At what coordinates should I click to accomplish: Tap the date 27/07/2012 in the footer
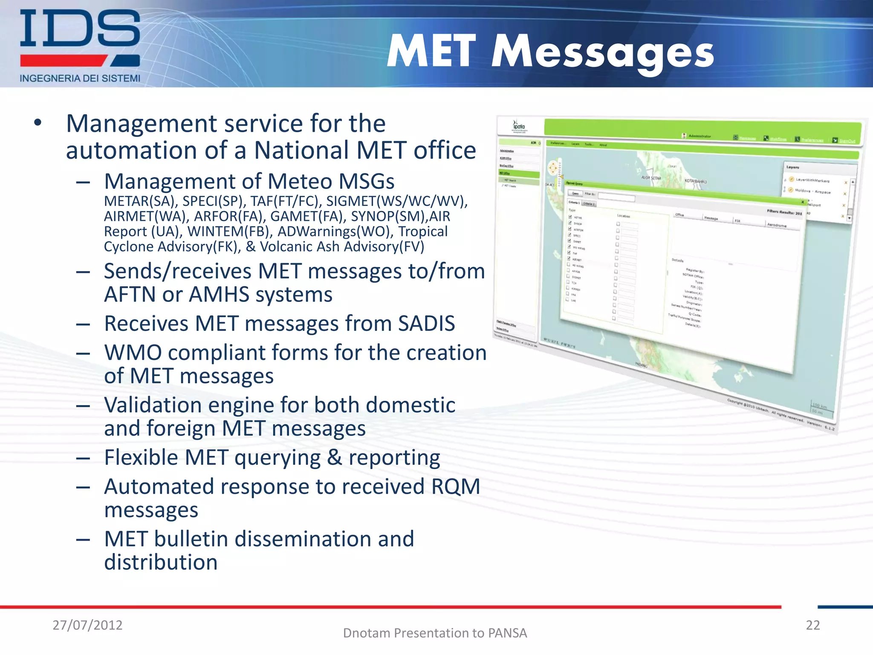coord(87,625)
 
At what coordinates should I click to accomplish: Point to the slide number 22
coord(812,625)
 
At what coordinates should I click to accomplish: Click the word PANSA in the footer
coord(507,633)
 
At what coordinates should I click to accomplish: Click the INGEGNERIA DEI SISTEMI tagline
coord(80,78)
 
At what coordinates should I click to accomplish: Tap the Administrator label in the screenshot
coord(699,136)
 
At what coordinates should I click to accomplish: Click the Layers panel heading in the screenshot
coord(792,167)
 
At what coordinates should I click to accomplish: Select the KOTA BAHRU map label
coord(695,181)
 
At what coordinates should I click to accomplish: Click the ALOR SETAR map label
coord(651,178)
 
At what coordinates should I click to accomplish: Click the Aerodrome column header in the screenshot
coord(777,225)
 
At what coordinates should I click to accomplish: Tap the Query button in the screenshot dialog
coord(575,193)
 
